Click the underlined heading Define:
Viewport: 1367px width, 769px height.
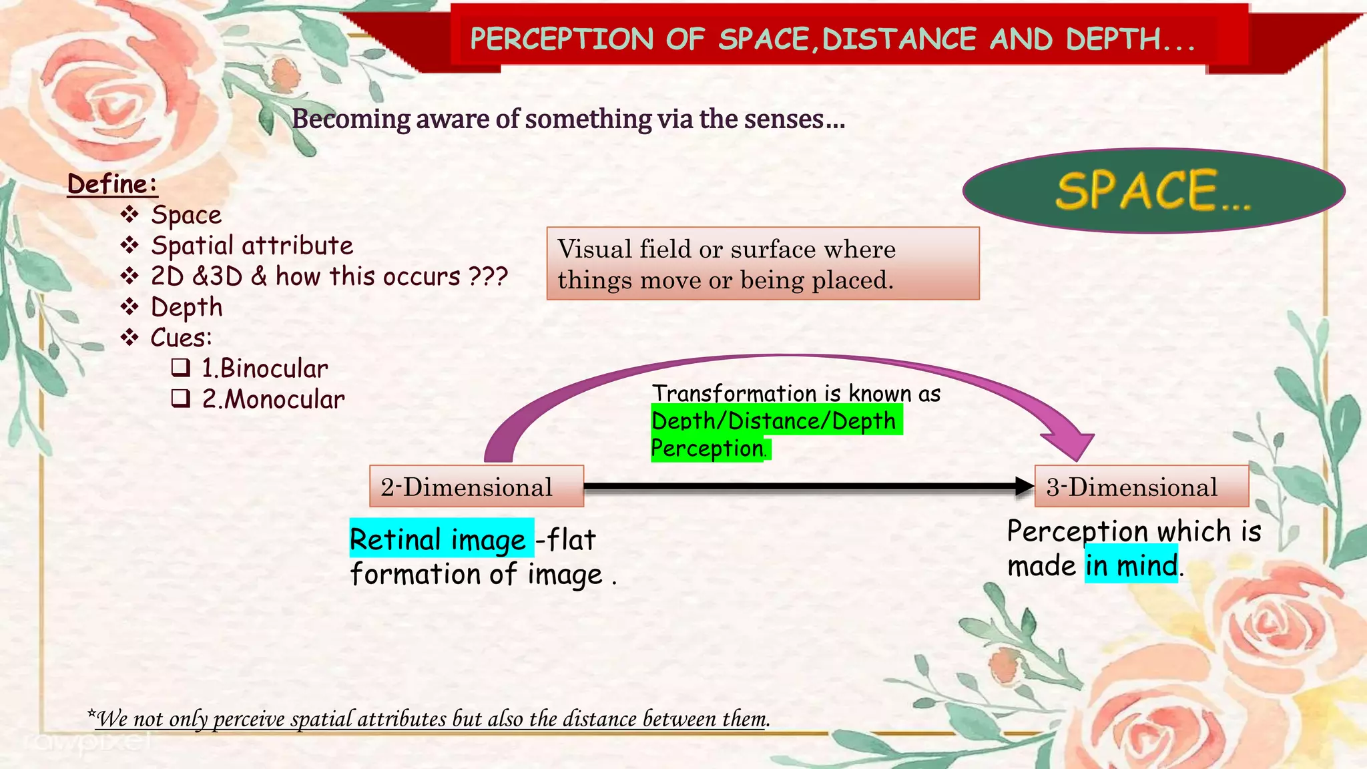click(x=112, y=184)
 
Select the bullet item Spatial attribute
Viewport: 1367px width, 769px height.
click(x=252, y=246)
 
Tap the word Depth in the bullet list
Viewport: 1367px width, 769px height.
click(x=186, y=307)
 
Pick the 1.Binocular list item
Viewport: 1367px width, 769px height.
click(x=264, y=368)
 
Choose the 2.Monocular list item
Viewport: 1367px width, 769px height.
click(x=273, y=399)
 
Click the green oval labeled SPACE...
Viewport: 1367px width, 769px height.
click(x=1153, y=191)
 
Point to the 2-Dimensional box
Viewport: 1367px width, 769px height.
click(x=476, y=487)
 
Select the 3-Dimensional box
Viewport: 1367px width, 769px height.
click(x=1141, y=487)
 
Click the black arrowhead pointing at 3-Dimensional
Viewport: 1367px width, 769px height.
click(x=1024, y=486)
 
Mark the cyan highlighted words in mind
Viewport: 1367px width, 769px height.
click(x=1131, y=565)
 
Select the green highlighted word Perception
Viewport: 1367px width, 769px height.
click(x=708, y=449)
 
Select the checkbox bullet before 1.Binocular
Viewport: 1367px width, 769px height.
click(x=181, y=368)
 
